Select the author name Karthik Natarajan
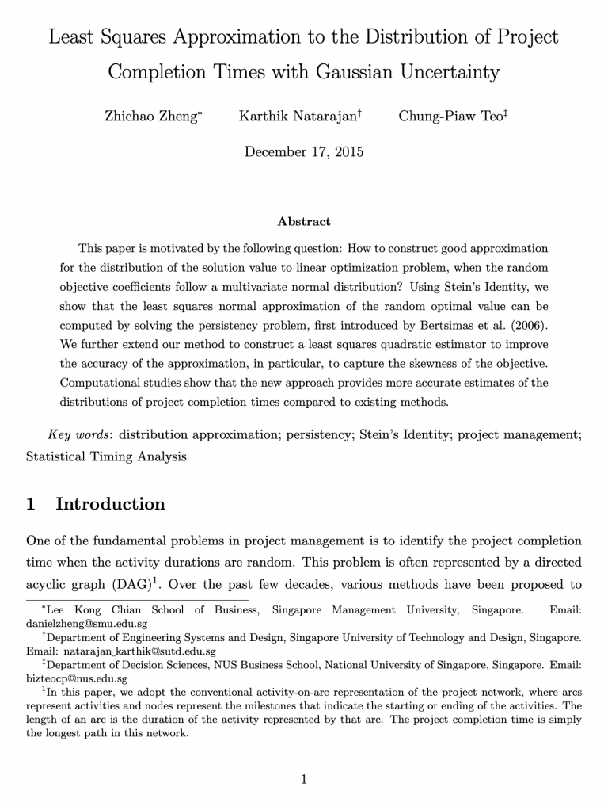click(298, 116)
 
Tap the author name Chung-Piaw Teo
click(450, 116)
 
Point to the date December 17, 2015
click(304, 151)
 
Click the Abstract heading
click(304, 221)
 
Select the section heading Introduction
click(110, 504)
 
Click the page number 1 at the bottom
click(304, 779)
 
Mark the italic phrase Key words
click(80, 434)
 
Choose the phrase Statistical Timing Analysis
click(106, 457)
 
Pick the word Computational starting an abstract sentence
click(101, 383)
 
